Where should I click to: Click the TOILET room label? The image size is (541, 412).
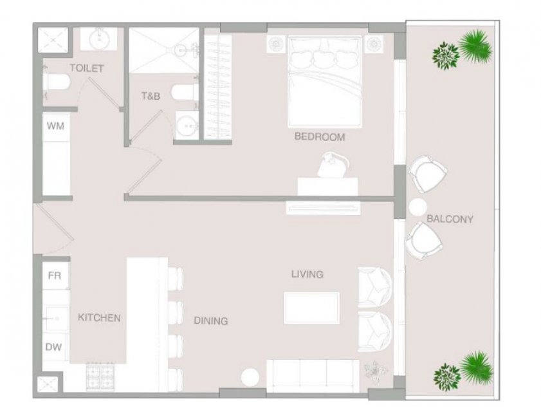[87, 68]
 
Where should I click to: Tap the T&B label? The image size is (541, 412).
[151, 96]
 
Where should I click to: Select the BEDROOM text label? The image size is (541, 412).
[320, 136]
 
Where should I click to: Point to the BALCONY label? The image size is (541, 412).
[450, 219]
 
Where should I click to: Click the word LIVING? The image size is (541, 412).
[307, 274]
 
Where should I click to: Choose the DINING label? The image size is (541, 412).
[211, 321]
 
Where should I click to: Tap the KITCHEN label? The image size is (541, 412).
[99, 318]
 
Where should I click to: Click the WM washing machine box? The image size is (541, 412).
[56, 126]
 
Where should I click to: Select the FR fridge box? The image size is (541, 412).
[55, 276]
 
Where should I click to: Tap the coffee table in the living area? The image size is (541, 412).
[311, 308]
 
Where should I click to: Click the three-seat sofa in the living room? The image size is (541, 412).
[313, 376]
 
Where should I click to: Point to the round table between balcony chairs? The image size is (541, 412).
[418, 207]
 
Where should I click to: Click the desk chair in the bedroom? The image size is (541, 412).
[334, 164]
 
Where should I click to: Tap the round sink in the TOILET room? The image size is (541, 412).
[98, 39]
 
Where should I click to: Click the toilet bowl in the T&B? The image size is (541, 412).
[184, 93]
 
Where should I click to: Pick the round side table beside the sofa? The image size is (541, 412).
[250, 377]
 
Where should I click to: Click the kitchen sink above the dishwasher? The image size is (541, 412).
[55, 319]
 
